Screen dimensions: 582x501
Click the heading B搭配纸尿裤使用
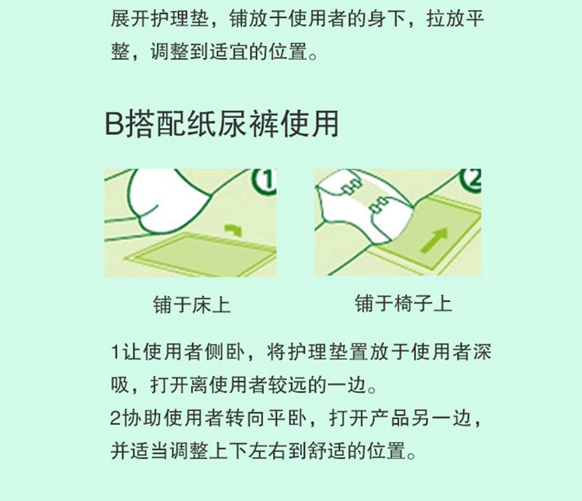[222, 124]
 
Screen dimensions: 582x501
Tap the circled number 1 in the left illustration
[265, 182]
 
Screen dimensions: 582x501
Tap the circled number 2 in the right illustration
[471, 180]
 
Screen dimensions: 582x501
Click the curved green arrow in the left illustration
[233, 229]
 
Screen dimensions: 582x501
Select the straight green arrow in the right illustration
[435, 240]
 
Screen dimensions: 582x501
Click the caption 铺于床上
[192, 304]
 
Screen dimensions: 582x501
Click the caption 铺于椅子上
[404, 303]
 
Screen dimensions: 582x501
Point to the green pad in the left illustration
[200, 255]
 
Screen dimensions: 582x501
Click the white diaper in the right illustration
[365, 207]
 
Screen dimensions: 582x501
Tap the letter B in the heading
[114, 124]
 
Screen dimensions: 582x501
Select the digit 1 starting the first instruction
[116, 352]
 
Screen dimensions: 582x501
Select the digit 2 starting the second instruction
[116, 418]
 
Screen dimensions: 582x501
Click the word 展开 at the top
[130, 19]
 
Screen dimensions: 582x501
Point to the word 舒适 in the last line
[327, 451]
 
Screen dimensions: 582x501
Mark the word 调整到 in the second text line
[180, 51]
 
